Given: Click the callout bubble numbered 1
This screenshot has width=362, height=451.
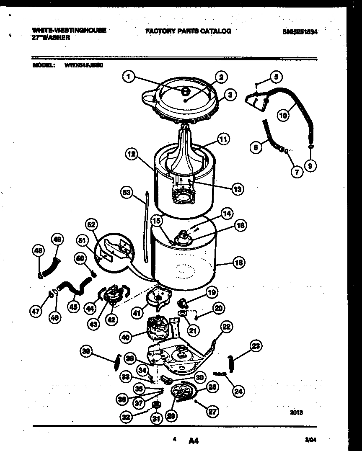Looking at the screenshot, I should [129, 77].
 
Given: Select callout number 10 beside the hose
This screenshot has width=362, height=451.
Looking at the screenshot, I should [284, 115].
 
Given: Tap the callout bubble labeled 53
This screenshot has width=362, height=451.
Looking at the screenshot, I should [126, 192].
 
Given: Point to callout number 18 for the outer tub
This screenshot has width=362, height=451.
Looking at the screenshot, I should [239, 263].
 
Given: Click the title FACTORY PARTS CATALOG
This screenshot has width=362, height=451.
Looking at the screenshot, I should [188, 31].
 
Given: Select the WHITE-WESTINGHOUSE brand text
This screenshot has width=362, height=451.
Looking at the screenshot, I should [69, 30].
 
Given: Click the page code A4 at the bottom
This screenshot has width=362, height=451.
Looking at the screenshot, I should [193, 440].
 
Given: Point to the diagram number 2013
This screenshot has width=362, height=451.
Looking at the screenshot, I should [296, 412].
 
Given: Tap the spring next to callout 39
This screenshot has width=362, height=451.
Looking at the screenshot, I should [117, 361].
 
